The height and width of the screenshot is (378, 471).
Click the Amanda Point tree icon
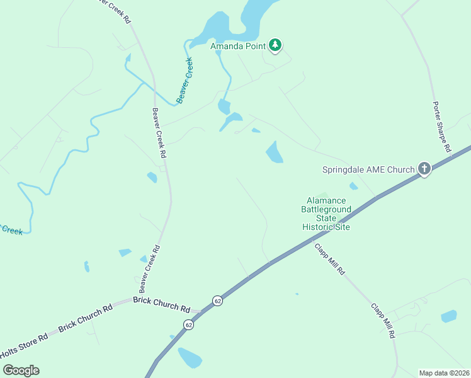[x=275, y=45]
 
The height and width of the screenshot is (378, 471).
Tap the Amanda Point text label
[x=239, y=45]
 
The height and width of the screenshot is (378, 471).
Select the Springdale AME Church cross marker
[x=424, y=169]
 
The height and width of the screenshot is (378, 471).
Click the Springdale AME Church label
[x=368, y=169]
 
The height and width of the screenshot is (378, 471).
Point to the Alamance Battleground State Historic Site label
[x=326, y=214]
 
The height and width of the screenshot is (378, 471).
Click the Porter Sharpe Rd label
[x=442, y=128]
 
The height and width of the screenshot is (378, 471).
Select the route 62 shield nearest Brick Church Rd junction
[x=189, y=324]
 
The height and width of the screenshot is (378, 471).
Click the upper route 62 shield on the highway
[x=217, y=301]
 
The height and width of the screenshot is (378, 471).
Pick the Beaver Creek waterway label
[x=185, y=80]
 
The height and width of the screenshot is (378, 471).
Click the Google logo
[x=21, y=370]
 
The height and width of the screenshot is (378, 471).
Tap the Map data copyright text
[x=444, y=373]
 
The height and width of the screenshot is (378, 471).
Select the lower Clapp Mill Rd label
[x=382, y=321]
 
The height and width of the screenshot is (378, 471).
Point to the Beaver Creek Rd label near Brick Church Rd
[x=150, y=269]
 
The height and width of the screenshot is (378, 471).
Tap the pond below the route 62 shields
[x=190, y=358]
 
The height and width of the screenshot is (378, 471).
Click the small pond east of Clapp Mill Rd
[x=448, y=316]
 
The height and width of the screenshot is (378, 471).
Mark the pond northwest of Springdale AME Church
[x=275, y=152]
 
